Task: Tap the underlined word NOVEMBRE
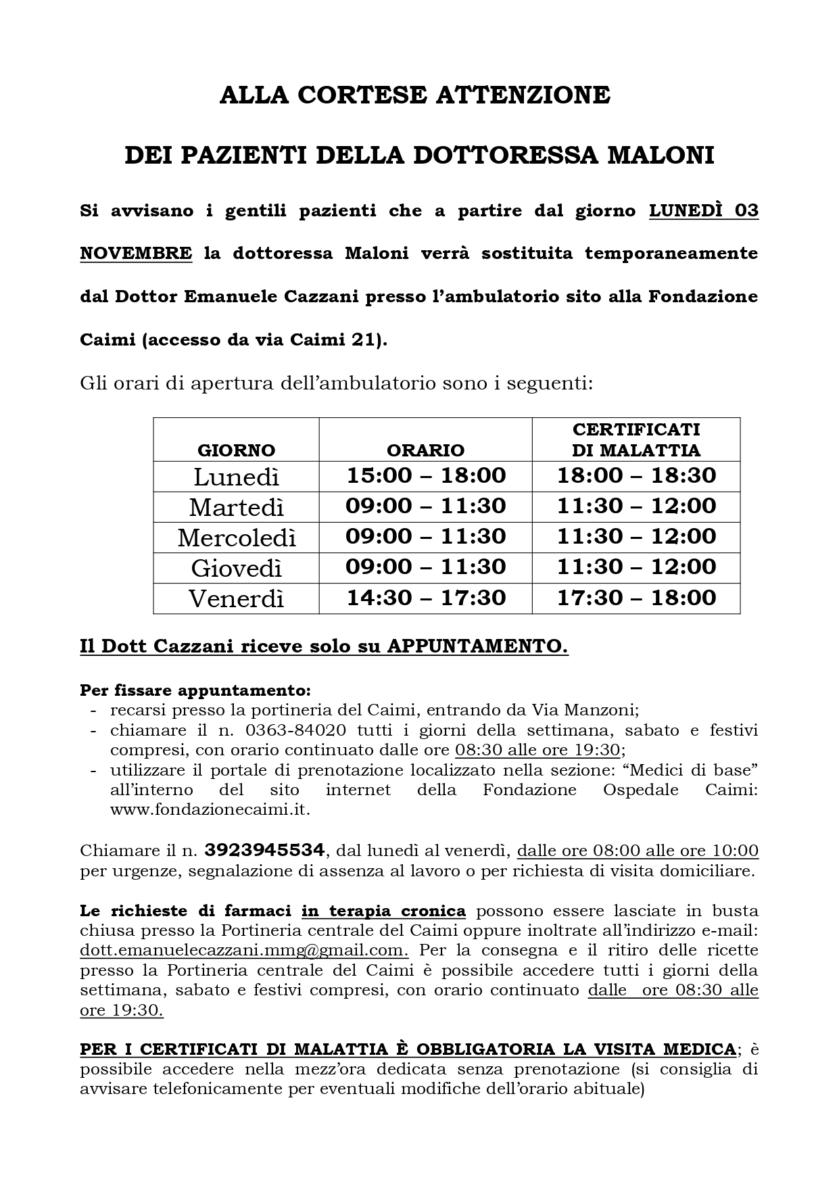tap(136, 254)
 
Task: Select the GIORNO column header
tap(236, 450)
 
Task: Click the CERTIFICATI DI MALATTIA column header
tap(636, 440)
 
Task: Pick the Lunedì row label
tap(236, 477)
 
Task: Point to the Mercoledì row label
tap(237, 538)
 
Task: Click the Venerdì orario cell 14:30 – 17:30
tap(426, 598)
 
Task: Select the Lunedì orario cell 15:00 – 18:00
tap(426, 475)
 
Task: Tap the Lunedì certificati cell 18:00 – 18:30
tap(636, 475)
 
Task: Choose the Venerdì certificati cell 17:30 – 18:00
tap(636, 598)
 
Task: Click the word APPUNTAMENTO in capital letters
tap(477, 647)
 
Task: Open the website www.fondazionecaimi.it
tap(210, 809)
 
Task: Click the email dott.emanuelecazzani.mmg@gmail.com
tap(243, 950)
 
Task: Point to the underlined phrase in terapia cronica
tap(383, 911)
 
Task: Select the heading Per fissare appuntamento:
tap(195, 691)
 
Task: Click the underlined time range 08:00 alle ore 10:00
tap(675, 851)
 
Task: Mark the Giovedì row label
tap(236, 568)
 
